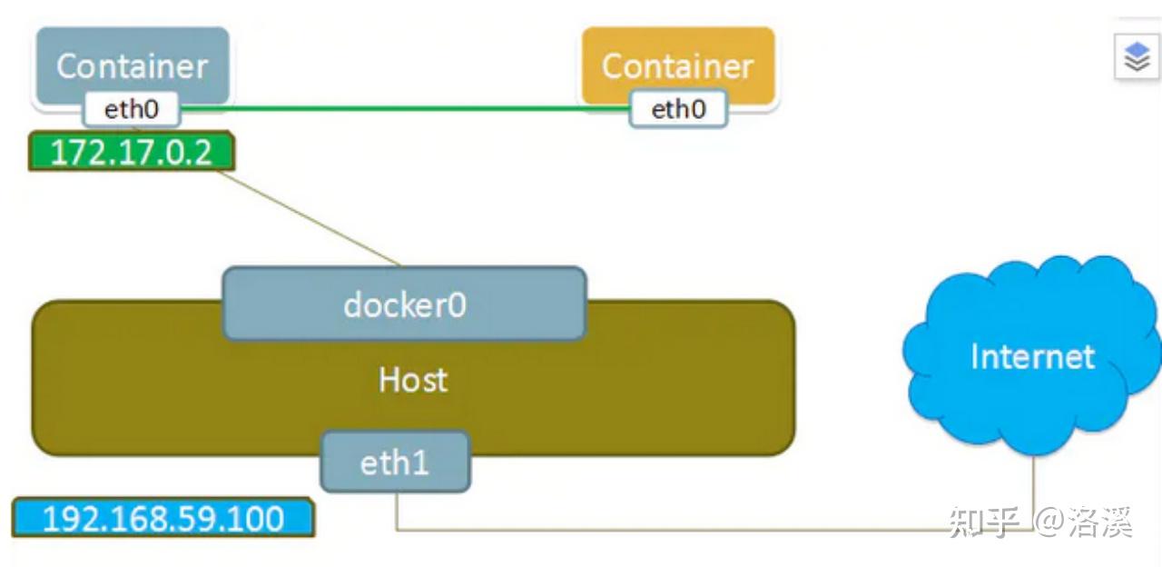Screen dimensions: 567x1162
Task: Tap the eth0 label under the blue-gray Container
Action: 132,110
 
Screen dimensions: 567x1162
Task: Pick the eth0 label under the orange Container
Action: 678,110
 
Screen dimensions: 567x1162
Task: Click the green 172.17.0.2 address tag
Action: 132,152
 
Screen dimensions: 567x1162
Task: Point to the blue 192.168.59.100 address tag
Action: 163,518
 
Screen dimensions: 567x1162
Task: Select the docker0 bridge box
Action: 404,304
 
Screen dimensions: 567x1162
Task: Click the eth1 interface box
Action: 395,462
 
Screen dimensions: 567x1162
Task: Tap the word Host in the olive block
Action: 413,379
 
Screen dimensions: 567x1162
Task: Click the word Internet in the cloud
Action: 1032,356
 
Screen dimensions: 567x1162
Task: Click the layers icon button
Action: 1137,57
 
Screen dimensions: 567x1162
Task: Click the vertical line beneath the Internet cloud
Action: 1033,486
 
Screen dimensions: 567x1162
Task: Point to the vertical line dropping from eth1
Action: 397,511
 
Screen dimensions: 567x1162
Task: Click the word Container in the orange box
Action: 677,65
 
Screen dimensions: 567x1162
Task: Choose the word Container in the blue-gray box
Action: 133,65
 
